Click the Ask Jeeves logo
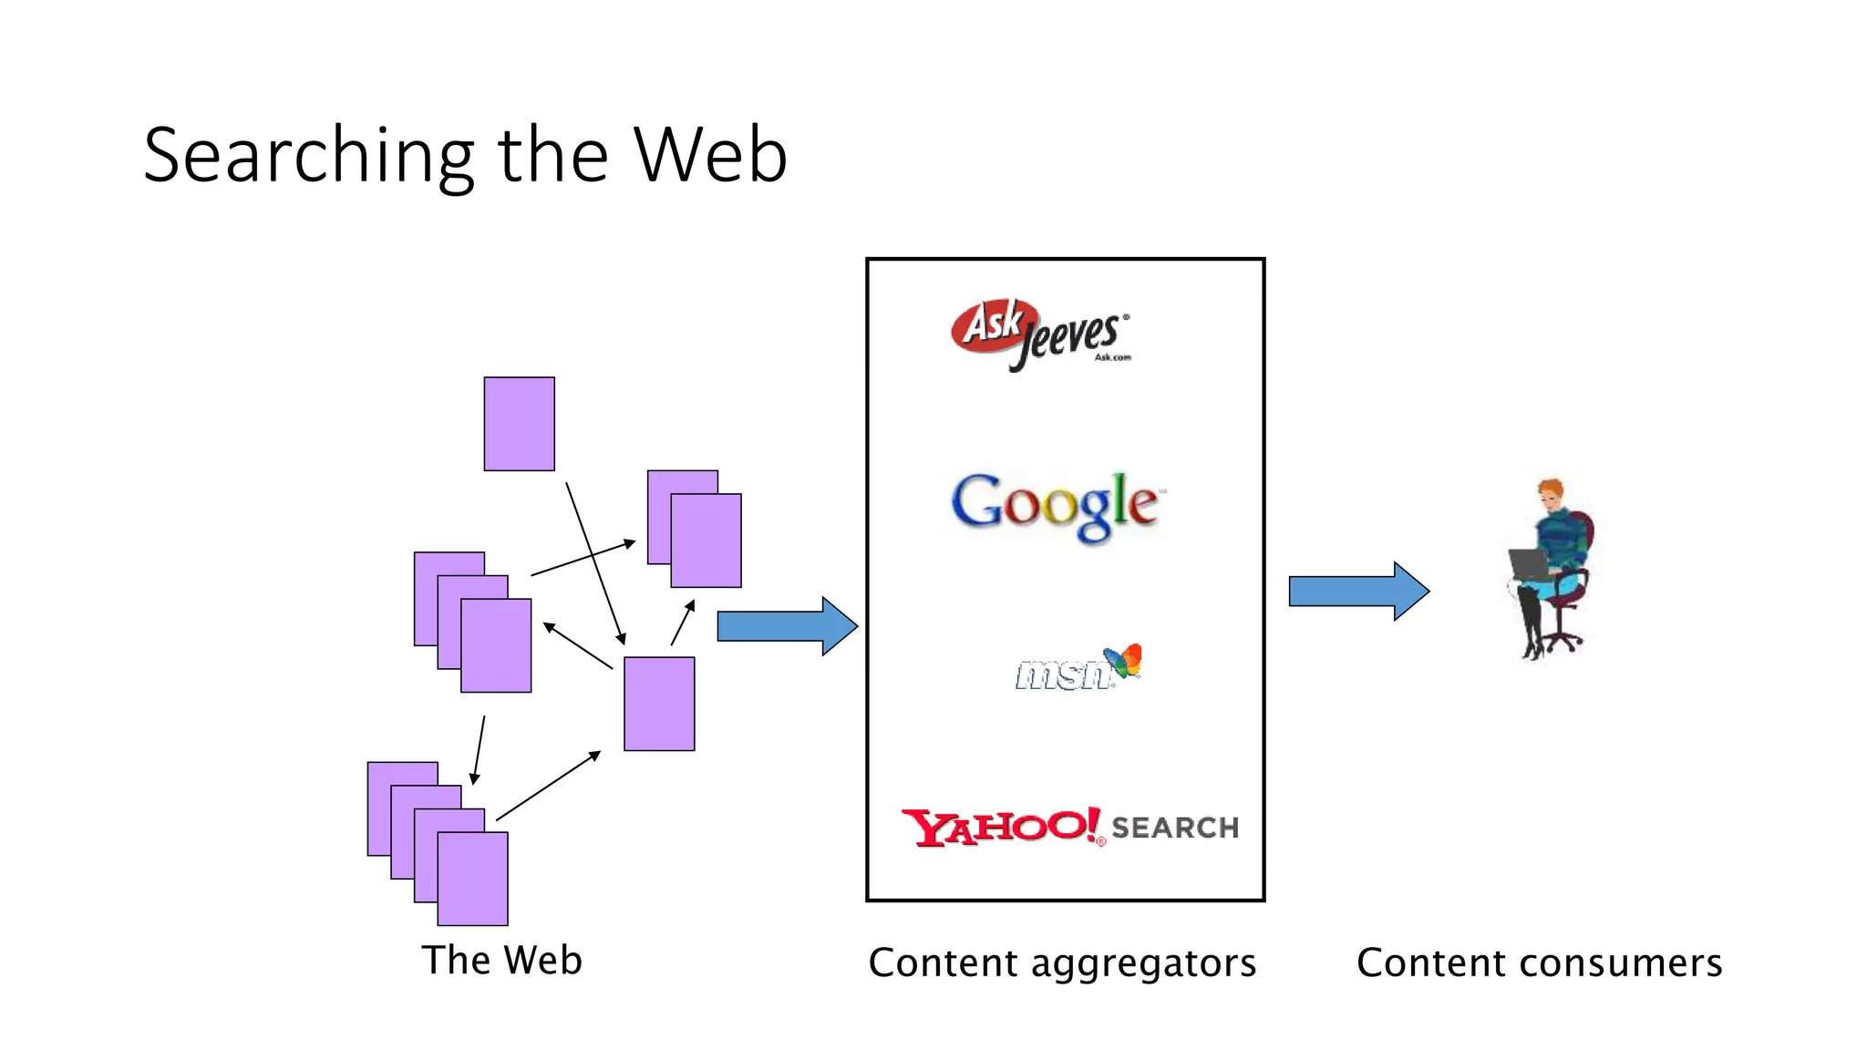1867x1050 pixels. pyautogui.click(x=1039, y=334)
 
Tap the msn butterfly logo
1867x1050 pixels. pyautogui.click(x=1123, y=660)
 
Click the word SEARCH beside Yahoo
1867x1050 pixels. pyautogui.click(x=1174, y=828)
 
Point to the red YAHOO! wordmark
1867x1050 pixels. pyautogui.click(x=1001, y=827)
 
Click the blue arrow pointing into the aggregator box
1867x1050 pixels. pyautogui.click(x=786, y=626)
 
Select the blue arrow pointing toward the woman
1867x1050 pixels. pyautogui.click(x=1357, y=592)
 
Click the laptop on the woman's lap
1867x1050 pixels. pyautogui.click(x=1528, y=564)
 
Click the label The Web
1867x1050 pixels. pyautogui.click(x=501, y=961)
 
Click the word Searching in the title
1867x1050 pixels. pyautogui.click(x=308, y=156)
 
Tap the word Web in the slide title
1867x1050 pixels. pyautogui.click(x=710, y=156)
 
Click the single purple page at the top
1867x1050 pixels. pyautogui.click(x=519, y=424)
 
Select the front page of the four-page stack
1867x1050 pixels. pyautogui.click(x=472, y=879)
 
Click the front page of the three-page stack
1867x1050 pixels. pyautogui.click(x=496, y=645)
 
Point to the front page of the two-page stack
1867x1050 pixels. pyautogui.click(x=706, y=540)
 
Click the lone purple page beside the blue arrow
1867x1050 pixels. pyautogui.click(x=659, y=704)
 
